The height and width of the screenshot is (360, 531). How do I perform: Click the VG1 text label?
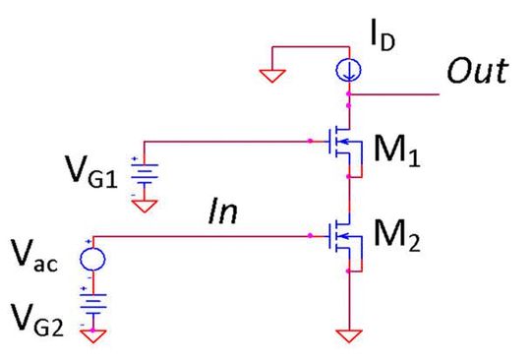click(93, 179)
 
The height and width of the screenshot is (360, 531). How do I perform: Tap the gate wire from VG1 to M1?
click(236, 140)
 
